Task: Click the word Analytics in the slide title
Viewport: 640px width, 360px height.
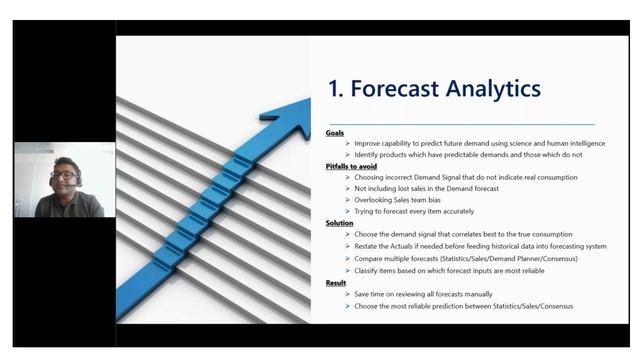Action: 493,88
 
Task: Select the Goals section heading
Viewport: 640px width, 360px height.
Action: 335,133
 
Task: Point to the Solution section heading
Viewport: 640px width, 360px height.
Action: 340,223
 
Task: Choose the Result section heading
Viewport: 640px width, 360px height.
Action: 336,283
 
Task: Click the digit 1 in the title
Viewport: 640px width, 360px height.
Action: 334,88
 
